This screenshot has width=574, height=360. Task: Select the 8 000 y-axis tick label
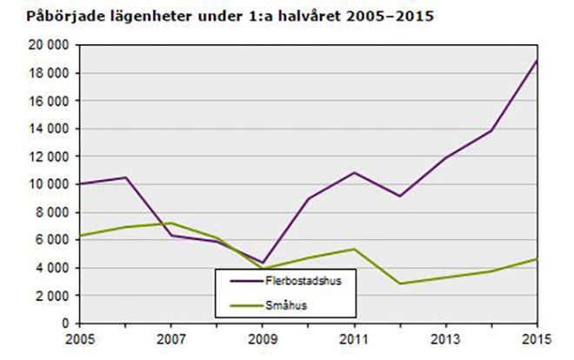click(x=54, y=212)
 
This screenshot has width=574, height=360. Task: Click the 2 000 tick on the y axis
click(x=54, y=296)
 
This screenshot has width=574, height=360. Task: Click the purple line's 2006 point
click(x=126, y=177)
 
